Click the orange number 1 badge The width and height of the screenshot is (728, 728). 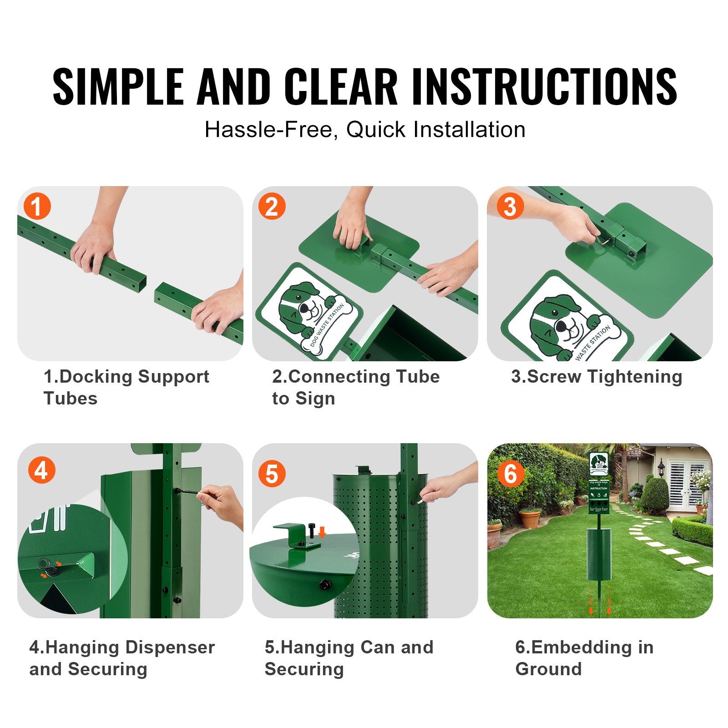pyautogui.click(x=37, y=207)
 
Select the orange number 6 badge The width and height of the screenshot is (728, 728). pyautogui.click(x=510, y=474)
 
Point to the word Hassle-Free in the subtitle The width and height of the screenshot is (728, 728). pyautogui.click(x=270, y=130)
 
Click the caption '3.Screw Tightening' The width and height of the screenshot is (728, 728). pyautogui.click(x=597, y=377)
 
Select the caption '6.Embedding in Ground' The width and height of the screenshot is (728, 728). pyautogui.click(x=584, y=658)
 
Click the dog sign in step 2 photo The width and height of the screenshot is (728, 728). pyautogui.click(x=309, y=312)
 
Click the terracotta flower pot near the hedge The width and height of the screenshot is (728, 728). pyautogui.click(x=530, y=519)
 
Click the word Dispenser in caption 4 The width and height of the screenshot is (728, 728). pyautogui.click(x=170, y=647)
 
